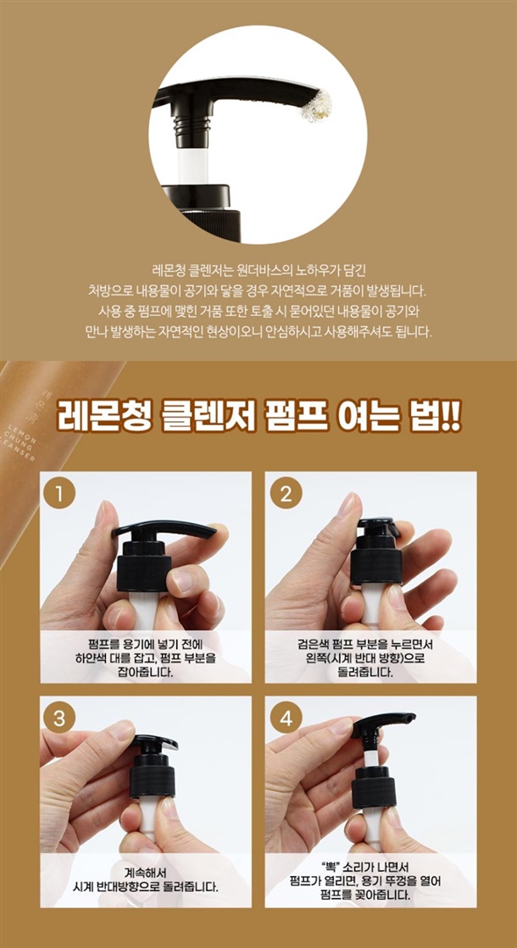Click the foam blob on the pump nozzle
pos(318,107)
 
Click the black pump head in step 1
pos(164,529)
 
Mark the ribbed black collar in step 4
pos(374,788)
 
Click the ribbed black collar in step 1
pos(143,574)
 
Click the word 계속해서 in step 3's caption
pos(145,873)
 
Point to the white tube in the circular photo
pos(193,163)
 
